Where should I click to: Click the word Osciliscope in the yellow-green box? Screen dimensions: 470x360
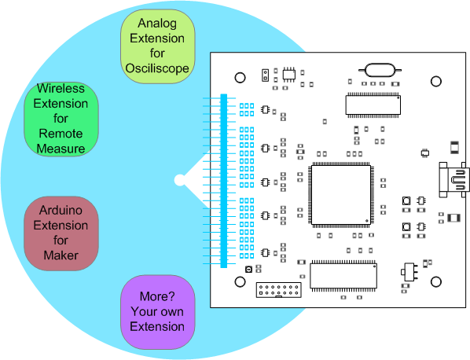pyautogui.click(x=157, y=68)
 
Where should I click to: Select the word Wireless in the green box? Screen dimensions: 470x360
pyautogui.click(x=61, y=88)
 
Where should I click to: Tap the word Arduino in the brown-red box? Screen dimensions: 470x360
pyautogui.click(x=61, y=210)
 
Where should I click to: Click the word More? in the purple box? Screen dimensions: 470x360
pyautogui.click(x=157, y=296)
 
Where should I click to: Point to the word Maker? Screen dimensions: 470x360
pyautogui.click(x=61, y=255)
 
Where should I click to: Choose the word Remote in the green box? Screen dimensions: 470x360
pyautogui.click(x=61, y=134)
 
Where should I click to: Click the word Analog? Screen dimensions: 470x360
pyautogui.click(x=157, y=24)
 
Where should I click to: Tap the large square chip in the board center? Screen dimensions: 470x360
pyautogui.click(x=341, y=195)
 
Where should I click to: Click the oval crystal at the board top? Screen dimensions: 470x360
pyautogui.click(x=380, y=70)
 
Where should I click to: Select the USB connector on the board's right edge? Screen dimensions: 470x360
pyautogui.click(x=453, y=179)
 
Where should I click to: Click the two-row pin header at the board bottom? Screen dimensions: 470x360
pyautogui.click(x=279, y=289)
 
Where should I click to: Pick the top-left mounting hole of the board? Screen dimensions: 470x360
pyautogui.click(x=240, y=78)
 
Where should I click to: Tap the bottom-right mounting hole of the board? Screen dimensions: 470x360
pyautogui.click(x=436, y=281)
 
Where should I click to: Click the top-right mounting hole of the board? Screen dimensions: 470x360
pyautogui.click(x=436, y=81)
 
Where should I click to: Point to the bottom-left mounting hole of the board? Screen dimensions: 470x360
pyautogui.click(x=240, y=281)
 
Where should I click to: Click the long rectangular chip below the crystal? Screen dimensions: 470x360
pyautogui.click(x=373, y=105)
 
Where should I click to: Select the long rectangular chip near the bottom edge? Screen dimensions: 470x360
pyautogui.click(x=343, y=276)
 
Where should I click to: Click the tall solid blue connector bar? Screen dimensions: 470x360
pyautogui.click(x=224, y=181)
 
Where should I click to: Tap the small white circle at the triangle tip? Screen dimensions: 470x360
pyautogui.click(x=180, y=180)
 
